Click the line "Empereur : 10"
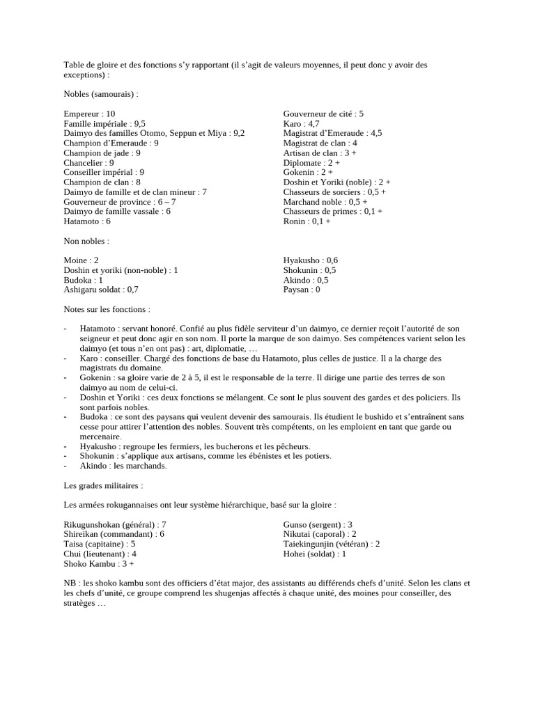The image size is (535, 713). [89, 113]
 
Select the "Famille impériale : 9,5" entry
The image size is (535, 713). [104, 123]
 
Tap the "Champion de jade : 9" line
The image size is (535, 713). [102, 152]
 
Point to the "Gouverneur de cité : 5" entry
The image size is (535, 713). [323, 113]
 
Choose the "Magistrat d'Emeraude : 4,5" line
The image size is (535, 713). [332, 133]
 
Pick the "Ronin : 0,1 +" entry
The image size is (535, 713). [307, 221]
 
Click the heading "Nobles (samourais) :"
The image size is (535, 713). [100, 94]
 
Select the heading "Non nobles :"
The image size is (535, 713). [86, 240]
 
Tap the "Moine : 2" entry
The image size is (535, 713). [81, 260]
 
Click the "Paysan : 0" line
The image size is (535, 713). [302, 290]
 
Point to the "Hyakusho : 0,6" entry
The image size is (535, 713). [311, 260]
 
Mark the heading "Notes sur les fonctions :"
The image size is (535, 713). [106, 309]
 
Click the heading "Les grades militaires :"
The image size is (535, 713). [102, 485]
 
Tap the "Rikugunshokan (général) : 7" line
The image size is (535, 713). [115, 524]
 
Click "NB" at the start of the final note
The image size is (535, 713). [70, 583]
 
